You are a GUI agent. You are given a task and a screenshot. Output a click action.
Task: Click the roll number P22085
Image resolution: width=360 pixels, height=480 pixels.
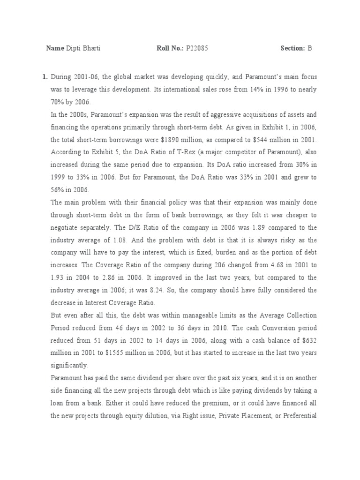[197, 48]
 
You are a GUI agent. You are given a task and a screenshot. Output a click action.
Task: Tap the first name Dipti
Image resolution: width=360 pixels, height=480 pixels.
[74, 48]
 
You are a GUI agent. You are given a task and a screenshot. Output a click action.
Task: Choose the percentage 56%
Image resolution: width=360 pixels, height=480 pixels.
[57, 190]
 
